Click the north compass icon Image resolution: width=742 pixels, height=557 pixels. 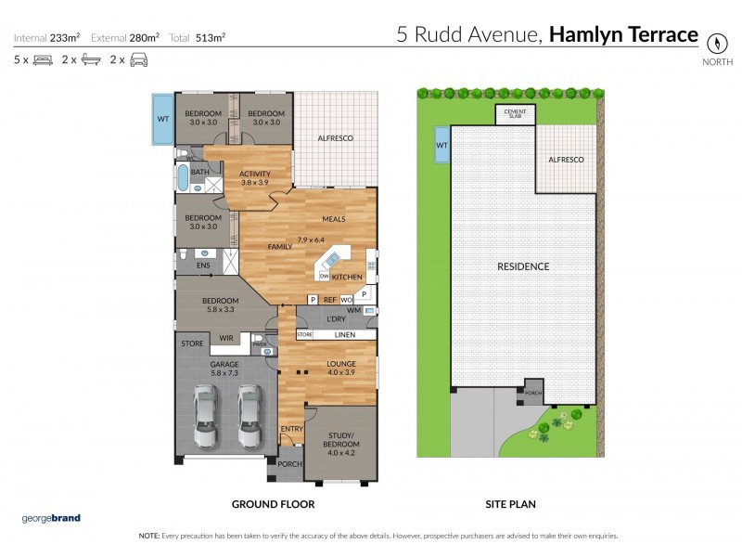click(x=715, y=43)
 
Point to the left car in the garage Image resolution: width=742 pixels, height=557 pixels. click(x=207, y=417)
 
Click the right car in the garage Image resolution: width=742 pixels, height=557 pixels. click(x=248, y=417)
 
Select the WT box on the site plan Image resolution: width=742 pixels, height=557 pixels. click(x=441, y=144)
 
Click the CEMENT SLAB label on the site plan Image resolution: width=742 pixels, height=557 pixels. click(x=514, y=113)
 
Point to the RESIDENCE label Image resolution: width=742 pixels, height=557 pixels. click(x=523, y=266)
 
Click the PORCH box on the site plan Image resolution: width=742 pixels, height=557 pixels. click(x=533, y=391)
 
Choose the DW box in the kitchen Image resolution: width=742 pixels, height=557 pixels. click(x=324, y=277)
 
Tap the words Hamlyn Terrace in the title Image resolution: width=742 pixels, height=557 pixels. click(x=623, y=35)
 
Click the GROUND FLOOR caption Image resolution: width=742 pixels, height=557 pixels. click(x=273, y=504)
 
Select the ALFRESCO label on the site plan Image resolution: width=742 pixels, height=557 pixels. click(x=566, y=160)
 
